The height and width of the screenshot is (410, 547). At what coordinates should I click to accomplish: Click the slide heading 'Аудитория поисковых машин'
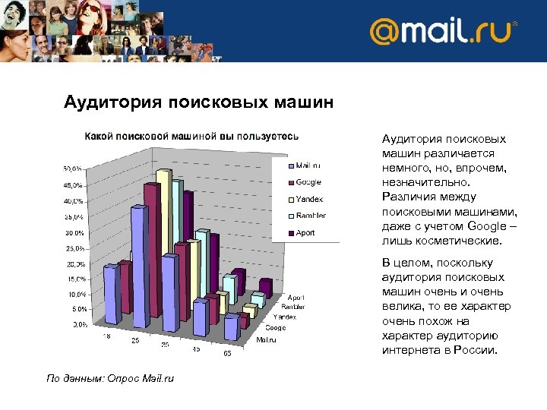198,102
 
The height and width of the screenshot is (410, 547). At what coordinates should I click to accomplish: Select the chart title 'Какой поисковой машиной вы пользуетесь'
191,136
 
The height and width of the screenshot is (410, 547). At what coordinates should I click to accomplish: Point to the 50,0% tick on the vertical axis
73,168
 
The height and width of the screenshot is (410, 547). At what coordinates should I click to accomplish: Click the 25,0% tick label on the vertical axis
73,248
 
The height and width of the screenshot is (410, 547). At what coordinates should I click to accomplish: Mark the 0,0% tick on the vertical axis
78,324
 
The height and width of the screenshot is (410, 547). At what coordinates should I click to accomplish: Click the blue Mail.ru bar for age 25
139,258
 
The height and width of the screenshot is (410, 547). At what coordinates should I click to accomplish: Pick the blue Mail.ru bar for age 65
231,327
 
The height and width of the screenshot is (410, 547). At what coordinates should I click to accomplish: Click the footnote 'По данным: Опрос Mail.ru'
110,378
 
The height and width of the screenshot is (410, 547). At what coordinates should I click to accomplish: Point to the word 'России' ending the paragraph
475,351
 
